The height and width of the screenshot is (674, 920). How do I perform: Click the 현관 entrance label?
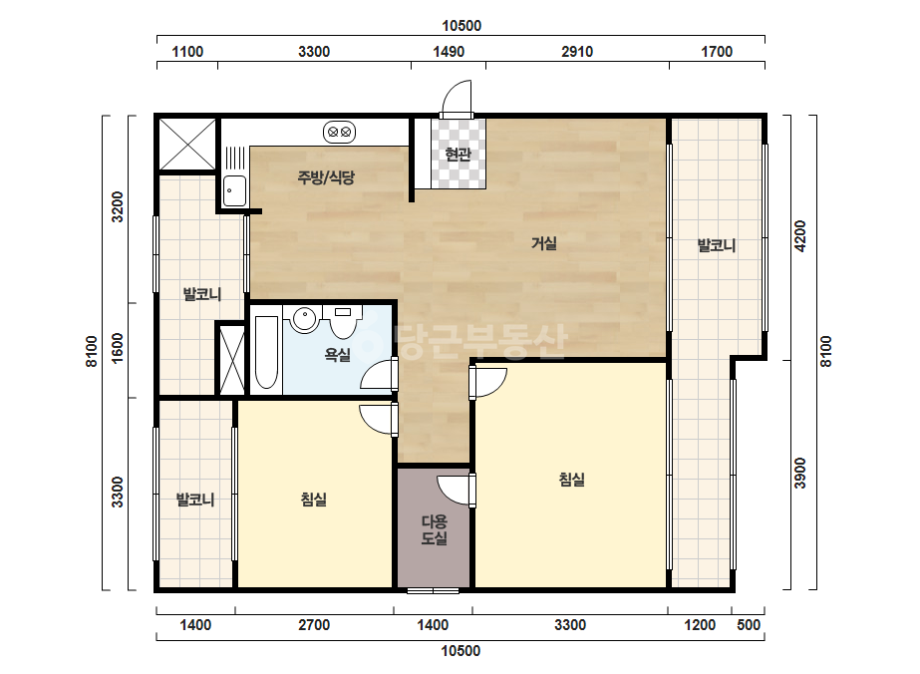458,155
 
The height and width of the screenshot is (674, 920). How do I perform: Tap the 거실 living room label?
544,243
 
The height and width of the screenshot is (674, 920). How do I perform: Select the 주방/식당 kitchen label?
326,177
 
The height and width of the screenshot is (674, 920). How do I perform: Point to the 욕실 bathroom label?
337,355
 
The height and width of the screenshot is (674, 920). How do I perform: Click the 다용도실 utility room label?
435,529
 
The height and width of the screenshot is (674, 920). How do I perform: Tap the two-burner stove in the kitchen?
340,132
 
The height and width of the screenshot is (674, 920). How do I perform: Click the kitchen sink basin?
234,190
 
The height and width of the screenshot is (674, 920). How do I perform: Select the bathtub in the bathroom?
267,352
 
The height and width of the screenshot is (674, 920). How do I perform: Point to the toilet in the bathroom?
343,322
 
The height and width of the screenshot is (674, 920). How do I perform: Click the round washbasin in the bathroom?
305,320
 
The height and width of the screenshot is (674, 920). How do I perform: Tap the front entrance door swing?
457,98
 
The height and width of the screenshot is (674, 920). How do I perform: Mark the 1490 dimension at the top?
449,52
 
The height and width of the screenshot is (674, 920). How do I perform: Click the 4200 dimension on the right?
799,236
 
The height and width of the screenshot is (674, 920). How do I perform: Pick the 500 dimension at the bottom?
749,625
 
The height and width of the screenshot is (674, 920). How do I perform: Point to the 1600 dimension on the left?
118,348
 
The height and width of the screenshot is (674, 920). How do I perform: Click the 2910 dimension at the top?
577,52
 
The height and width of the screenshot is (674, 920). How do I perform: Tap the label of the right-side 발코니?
716,245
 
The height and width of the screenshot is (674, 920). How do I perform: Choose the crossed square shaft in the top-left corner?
187,144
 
